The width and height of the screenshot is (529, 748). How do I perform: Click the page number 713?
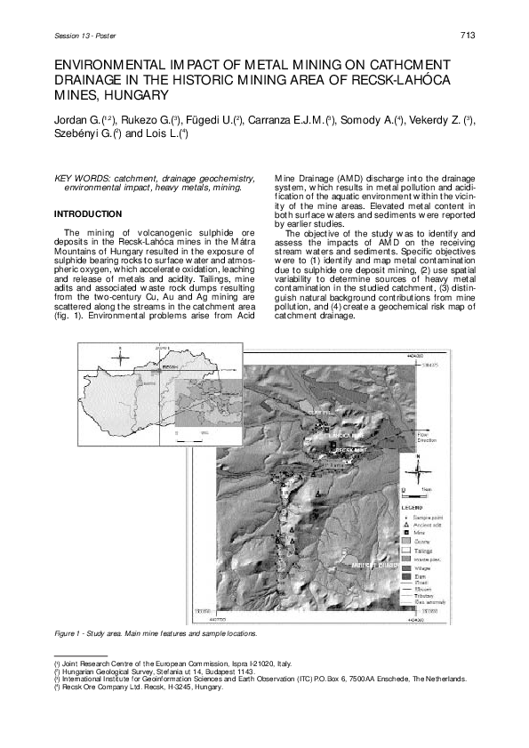coord(469,35)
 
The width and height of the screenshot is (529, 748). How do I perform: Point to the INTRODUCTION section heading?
coord(88,214)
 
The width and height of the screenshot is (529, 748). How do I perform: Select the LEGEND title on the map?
coord(414,506)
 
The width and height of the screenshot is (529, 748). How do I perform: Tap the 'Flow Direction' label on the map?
coord(427,438)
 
